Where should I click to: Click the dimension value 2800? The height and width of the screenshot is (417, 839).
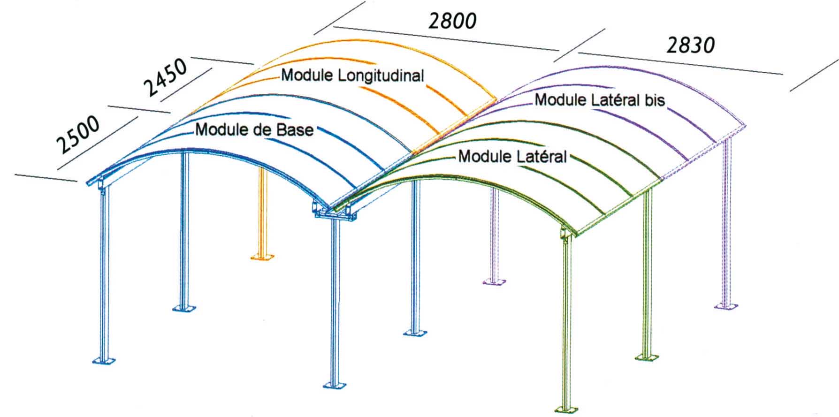(452, 22)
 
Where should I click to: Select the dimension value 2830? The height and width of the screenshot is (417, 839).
(690, 45)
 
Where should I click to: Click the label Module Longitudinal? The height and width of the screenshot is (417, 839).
(352, 76)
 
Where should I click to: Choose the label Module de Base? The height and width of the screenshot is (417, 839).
(254, 129)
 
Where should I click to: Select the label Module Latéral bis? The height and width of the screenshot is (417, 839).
(600, 100)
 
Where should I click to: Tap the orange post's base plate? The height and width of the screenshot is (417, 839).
(262, 257)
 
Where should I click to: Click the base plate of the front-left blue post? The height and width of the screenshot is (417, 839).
(104, 360)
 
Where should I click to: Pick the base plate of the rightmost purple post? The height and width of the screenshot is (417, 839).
(726, 306)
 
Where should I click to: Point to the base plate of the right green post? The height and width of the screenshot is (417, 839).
(647, 358)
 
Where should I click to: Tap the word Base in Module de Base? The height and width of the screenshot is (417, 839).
(294, 130)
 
